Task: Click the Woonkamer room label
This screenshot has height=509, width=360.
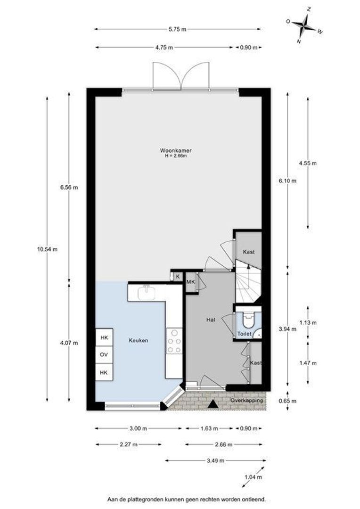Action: coord(176,150)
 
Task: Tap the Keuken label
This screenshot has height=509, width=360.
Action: coord(139,340)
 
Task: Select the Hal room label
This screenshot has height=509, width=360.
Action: coord(211,320)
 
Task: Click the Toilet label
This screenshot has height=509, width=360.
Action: coord(245,334)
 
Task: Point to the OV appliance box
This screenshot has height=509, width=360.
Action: coord(104,355)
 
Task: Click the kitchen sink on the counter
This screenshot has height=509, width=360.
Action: coord(147,293)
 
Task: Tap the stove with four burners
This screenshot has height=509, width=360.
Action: coord(174,341)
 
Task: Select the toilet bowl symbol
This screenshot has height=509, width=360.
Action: coord(249,320)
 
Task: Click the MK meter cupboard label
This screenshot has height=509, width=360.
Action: coord(190,282)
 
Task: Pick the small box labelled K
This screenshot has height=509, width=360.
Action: coord(178,277)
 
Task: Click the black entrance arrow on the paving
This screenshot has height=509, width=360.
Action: coord(213,404)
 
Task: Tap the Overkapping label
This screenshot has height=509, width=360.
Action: coord(247,400)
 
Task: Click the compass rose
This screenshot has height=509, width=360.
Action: coord(303,25)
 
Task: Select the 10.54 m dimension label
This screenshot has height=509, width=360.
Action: coord(48,249)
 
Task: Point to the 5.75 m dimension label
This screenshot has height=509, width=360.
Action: coord(178,29)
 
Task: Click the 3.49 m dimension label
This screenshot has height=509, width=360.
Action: coord(215,460)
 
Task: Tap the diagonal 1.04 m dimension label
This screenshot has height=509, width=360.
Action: coord(253,477)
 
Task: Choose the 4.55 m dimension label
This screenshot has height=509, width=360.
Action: coord(307,163)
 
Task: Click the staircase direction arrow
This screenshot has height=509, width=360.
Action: coord(249,266)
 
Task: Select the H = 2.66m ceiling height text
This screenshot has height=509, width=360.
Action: coord(176,156)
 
